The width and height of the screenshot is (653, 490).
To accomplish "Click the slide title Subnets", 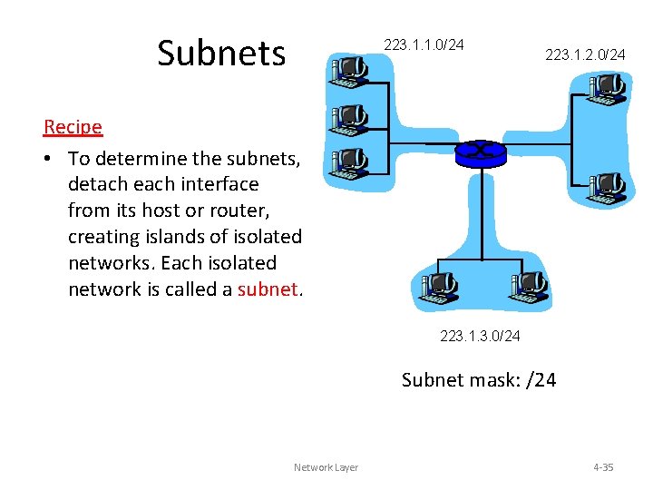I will [220, 53].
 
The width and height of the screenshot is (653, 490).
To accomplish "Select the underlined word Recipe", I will [73, 127].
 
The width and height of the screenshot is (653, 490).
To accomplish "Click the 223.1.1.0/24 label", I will [424, 44].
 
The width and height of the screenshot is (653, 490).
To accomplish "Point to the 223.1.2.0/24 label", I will [585, 55].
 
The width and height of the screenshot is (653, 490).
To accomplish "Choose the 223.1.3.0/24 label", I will [480, 337].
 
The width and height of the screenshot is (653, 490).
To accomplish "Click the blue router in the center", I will [480, 152].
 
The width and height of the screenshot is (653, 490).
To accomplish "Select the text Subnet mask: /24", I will [479, 379].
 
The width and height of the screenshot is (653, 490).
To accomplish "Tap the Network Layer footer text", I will [326, 467].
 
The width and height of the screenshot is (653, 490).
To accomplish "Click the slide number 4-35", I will [603, 467].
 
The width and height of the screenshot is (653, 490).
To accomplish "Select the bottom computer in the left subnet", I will [349, 163].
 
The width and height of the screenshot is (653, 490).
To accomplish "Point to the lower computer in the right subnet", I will [606, 187].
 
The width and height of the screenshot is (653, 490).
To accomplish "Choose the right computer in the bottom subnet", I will [529, 288].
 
